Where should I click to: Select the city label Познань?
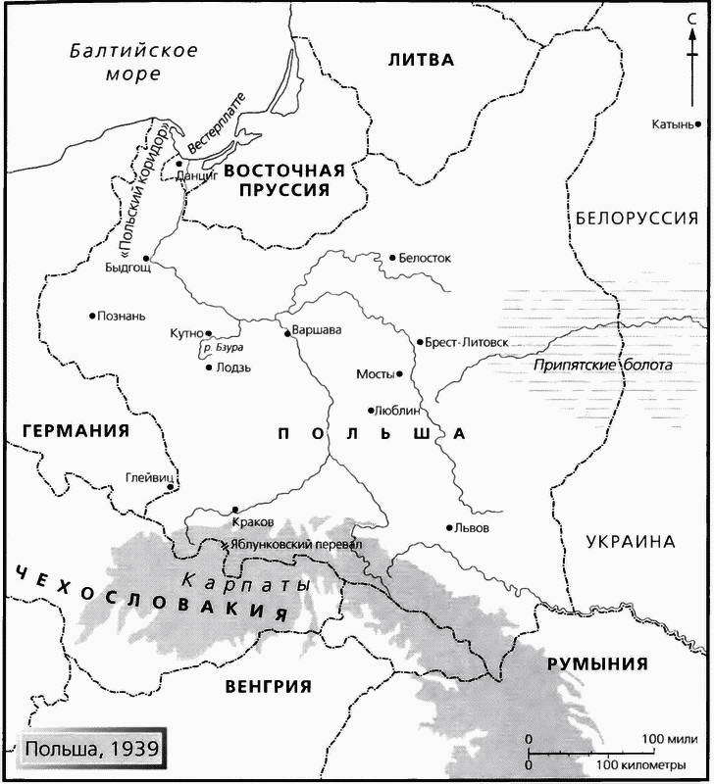(x=122, y=316)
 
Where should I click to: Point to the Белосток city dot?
(x=391, y=258)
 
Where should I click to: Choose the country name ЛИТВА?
(x=422, y=60)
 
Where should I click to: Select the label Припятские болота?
(x=603, y=366)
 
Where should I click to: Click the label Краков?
(x=255, y=522)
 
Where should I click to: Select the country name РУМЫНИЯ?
(x=597, y=663)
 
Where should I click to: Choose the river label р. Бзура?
(x=222, y=348)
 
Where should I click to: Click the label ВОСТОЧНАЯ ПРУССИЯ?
(x=284, y=179)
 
